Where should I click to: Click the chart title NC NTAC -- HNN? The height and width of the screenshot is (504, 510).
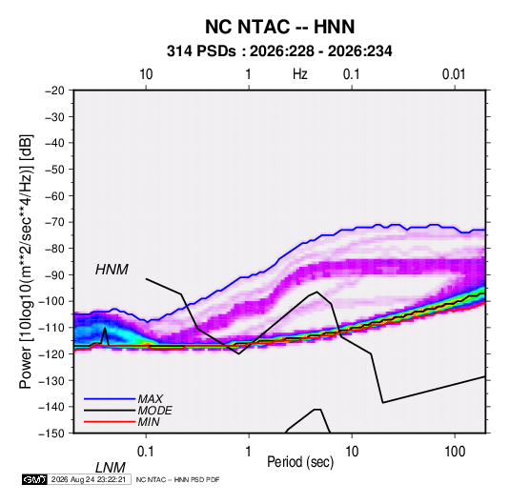279,27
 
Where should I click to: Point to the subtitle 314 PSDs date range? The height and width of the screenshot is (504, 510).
279,51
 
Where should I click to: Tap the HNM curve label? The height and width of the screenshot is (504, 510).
112,270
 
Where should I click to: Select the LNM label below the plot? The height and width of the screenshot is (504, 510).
111,468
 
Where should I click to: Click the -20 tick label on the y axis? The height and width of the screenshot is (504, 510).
55,91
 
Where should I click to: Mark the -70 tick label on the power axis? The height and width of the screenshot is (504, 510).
55,222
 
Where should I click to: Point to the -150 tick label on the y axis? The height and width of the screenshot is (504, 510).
51,433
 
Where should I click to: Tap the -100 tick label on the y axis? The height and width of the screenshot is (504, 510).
51,301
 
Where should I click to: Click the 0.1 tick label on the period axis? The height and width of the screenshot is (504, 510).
146,452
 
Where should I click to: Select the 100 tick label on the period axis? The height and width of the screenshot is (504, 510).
455,452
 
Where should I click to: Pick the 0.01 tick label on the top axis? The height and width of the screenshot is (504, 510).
454,74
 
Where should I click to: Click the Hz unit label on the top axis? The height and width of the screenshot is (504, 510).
300,74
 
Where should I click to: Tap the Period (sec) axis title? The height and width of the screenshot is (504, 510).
300,462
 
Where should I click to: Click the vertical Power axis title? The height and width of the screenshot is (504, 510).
26,262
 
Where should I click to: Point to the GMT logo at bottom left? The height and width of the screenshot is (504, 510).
34,479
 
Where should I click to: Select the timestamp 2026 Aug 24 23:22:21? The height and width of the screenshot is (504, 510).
89,479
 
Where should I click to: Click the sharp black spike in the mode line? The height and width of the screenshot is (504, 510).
105,328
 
